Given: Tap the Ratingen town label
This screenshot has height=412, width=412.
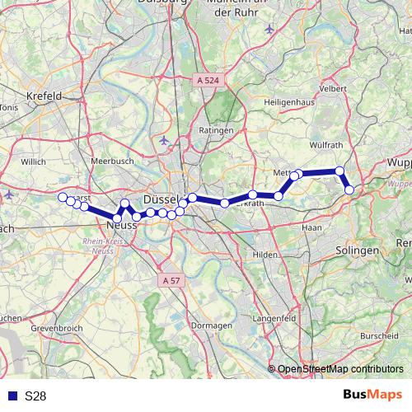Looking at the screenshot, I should pos(217,130).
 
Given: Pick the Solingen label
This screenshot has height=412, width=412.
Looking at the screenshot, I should pos(357,249).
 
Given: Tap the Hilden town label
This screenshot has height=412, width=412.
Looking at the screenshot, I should pos(265,255).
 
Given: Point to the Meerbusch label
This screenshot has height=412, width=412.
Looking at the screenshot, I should pos(112,162).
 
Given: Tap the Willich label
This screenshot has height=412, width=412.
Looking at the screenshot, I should pos(33,162).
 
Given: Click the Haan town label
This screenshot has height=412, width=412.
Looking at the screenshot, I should pos(312,226).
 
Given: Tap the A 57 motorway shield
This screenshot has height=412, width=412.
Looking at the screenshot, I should pos(171,281).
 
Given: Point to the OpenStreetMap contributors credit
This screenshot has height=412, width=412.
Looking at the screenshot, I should pos(340,369).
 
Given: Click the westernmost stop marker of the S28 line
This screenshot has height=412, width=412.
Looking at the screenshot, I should pos(62,196).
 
